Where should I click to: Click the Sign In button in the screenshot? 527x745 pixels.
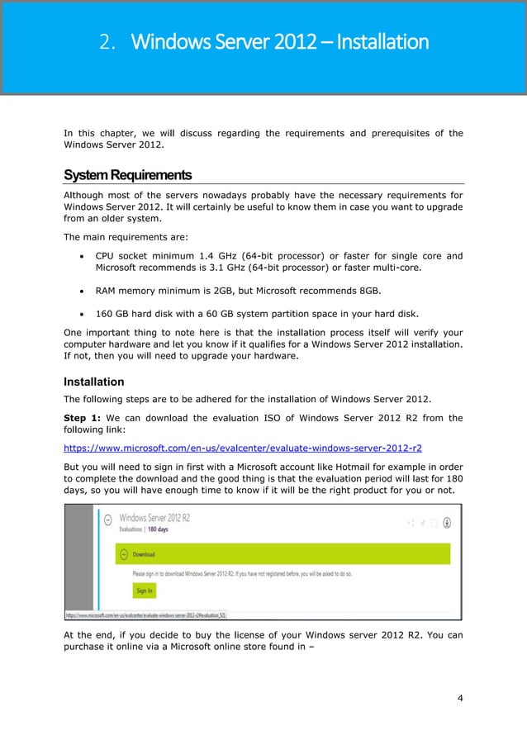pyautogui.click(x=145, y=591)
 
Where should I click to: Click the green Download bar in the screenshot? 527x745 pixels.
pyautogui.click(x=289, y=554)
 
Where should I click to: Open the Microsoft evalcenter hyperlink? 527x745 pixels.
pyautogui.click(x=243, y=448)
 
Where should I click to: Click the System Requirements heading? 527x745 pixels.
pyautogui.click(x=127, y=175)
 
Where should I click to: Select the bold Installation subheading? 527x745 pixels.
pyautogui.click(x=93, y=382)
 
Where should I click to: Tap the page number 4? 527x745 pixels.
pyautogui.click(x=460, y=700)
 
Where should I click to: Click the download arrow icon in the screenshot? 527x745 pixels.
pyautogui.click(x=447, y=522)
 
